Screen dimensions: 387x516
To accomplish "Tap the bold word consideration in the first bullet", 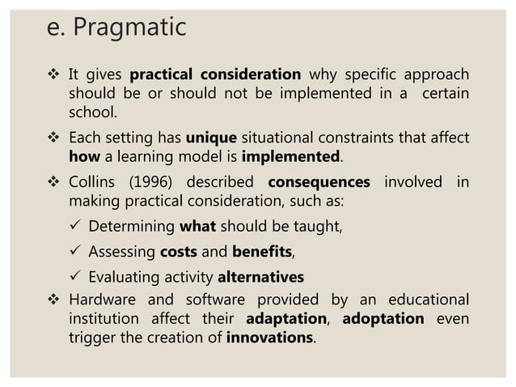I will click(257, 75).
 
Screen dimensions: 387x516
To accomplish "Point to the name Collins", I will click(95, 181).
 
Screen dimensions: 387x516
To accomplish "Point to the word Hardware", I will click(104, 297).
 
